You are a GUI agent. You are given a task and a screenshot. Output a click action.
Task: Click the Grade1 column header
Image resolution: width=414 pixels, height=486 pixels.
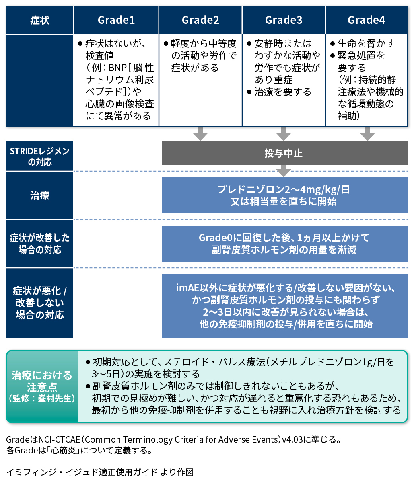coord(116,20)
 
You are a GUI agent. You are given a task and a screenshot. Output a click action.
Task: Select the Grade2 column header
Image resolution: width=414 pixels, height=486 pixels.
coord(200,20)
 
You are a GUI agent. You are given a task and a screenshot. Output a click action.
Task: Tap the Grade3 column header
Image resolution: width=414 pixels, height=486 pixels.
coord(284,20)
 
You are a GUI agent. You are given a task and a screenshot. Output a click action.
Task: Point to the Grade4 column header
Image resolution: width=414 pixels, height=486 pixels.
coord(367,20)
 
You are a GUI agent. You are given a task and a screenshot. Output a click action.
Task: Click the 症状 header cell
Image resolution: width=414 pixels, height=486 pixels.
coord(39,20)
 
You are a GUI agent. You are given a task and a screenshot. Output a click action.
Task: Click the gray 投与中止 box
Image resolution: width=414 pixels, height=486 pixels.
coord(284,153)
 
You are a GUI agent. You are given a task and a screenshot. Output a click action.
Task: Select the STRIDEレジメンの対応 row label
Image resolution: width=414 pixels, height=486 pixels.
coord(39,156)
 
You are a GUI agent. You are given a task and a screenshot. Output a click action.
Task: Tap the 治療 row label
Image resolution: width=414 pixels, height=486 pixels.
coord(39,195)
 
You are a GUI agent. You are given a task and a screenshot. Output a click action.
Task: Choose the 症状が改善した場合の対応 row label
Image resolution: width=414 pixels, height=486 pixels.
coord(39,244)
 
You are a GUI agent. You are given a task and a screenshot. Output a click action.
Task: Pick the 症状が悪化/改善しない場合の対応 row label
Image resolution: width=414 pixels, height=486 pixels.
coord(39,303)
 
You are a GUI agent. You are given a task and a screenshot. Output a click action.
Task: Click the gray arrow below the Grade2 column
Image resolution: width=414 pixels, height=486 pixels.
coord(200,134)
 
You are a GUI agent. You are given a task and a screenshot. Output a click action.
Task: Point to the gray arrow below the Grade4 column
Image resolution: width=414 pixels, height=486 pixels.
coord(367,134)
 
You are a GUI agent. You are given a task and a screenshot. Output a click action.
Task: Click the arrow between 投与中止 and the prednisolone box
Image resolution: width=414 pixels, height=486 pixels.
coord(284,171)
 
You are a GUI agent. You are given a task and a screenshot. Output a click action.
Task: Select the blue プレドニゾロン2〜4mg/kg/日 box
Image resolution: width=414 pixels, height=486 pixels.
coord(284,195)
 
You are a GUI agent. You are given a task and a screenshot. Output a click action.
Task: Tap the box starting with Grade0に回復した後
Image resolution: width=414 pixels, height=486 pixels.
coord(284,244)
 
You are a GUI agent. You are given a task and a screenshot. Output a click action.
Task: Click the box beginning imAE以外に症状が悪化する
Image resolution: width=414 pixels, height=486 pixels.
coord(284,306)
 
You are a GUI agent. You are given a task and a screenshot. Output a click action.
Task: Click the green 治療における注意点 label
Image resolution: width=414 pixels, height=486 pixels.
coord(42,387)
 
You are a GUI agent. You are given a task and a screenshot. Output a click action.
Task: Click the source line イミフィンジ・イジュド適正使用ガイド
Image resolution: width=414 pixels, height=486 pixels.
coord(100,472)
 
